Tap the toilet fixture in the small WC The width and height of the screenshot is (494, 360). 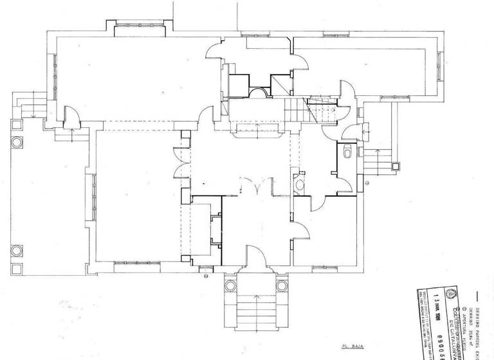(x=347, y=152)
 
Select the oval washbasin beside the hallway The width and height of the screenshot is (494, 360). (x=300, y=186)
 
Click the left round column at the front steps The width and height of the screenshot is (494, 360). (x=230, y=285)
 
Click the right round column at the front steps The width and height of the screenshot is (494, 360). (x=281, y=285)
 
